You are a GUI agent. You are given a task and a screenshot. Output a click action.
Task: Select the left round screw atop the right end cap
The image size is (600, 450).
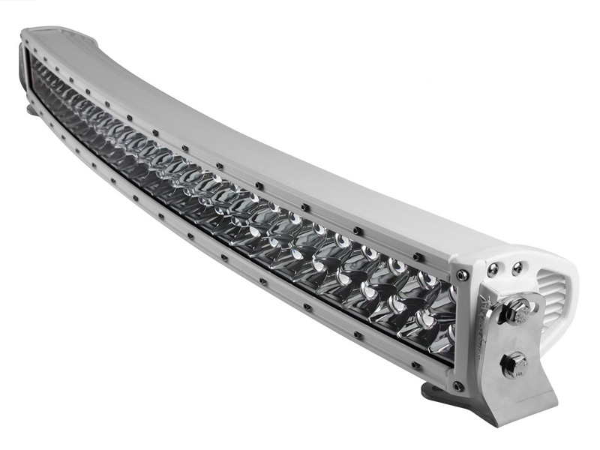pos(492,267)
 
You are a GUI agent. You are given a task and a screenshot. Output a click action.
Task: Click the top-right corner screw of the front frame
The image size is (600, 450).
pos(463,275)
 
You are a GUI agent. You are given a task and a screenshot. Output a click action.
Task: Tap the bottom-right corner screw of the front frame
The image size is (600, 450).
pos(456,386)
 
